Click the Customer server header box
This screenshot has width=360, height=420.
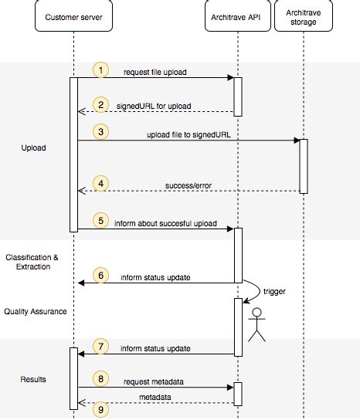point(73,16)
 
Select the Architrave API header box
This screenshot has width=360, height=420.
point(238,16)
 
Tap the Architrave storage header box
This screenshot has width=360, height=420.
point(303,16)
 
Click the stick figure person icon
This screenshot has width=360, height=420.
point(256,324)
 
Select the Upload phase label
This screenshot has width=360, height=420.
point(33,147)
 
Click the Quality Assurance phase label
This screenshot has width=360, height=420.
point(35,311)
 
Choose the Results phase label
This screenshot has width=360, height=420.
point(33,379)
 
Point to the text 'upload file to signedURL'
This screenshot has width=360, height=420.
point(188,134)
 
